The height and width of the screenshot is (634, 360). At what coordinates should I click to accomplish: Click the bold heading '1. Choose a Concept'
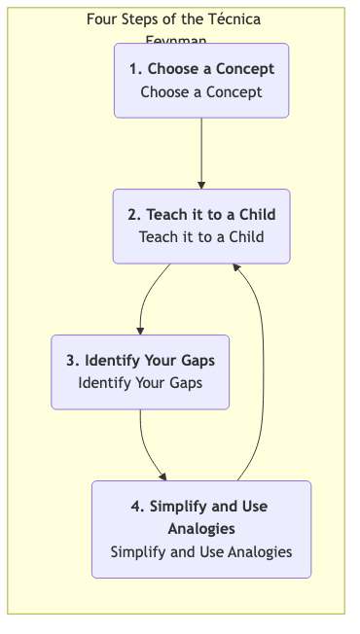201,69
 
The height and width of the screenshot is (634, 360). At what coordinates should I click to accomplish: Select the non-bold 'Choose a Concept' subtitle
201,92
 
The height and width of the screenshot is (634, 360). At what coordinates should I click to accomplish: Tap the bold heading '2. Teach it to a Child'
201,215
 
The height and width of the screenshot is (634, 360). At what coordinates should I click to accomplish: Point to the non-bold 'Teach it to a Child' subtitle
201,236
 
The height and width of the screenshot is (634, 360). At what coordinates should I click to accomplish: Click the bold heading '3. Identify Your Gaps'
140,361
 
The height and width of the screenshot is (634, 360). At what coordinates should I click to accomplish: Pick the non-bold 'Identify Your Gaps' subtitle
140,382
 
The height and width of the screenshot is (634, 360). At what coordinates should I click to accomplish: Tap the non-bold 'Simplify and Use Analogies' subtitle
201,551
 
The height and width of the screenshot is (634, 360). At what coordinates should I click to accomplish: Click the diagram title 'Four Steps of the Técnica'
173,18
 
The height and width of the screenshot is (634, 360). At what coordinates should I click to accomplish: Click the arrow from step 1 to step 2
201,151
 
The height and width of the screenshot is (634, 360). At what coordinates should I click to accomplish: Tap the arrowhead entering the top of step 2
201,184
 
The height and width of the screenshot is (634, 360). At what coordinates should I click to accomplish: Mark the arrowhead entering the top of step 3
140,331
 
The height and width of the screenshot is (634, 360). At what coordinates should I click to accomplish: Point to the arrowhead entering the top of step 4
162,476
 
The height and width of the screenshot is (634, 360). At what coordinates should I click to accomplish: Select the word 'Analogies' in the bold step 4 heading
201,529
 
